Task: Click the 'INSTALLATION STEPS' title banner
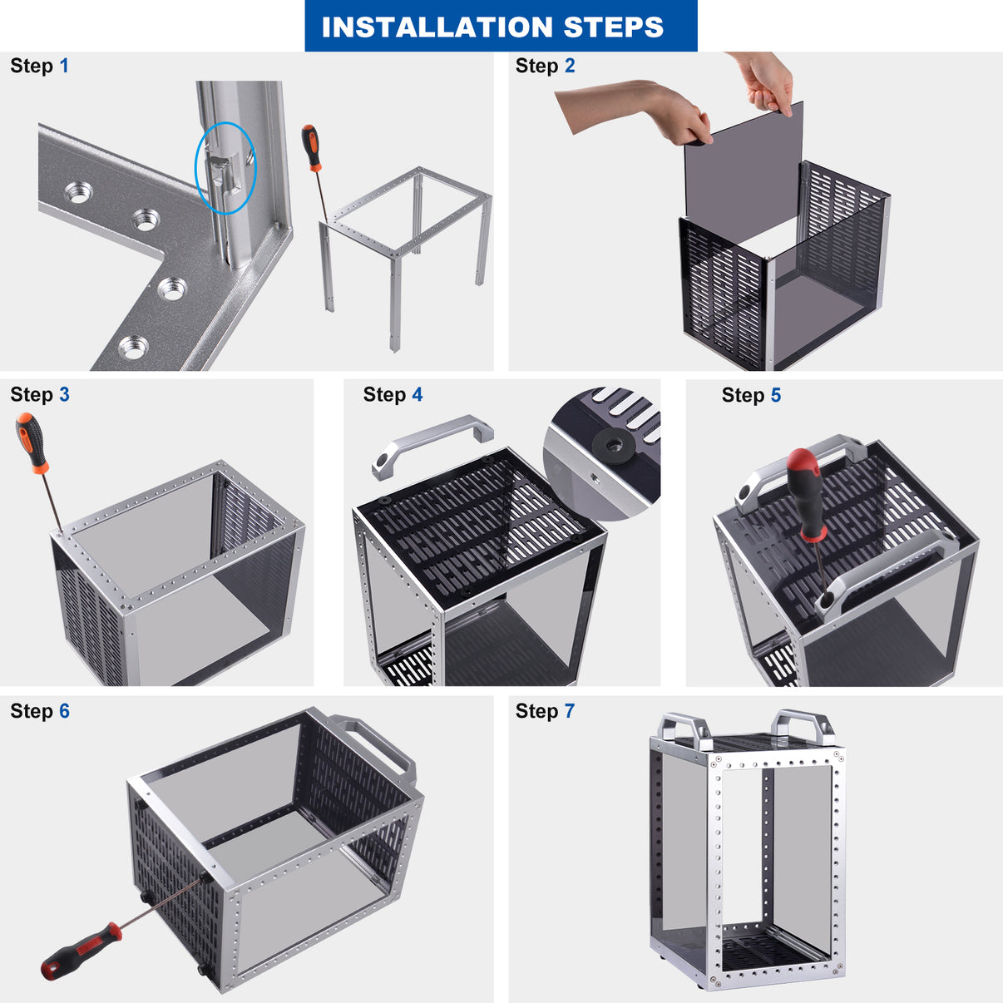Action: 501,27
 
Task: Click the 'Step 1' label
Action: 39,66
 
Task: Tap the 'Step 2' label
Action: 545,66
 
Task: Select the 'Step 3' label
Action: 39,394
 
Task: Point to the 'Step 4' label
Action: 393,394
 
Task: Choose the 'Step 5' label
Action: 751,395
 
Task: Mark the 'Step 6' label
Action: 39,711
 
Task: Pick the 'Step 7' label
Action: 545,711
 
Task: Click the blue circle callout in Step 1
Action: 225,167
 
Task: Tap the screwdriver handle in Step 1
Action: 312,146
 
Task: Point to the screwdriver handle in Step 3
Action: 32,442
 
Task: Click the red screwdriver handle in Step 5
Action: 804,491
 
